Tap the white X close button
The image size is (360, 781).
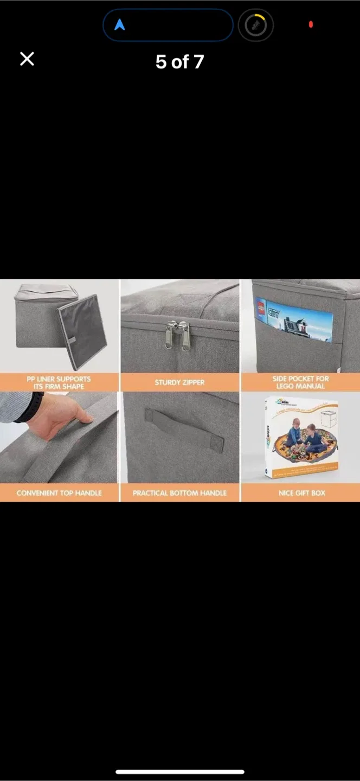click(27, 59)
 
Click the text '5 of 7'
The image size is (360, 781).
click(179, 62)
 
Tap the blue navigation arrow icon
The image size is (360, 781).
click(120, 25)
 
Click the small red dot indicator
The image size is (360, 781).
click(311, 24)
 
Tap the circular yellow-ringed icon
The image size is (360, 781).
click(255, 25)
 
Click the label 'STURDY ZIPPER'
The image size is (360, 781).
click(179, 382)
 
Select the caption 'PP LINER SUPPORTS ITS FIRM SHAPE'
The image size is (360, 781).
click(59, 382)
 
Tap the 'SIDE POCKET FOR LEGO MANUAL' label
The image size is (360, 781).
click(300, 382)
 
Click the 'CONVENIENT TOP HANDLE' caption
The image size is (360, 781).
click(59, 493)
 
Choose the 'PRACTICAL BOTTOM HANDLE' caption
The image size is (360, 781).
click(179, 493)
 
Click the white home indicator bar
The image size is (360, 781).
click(180, 771)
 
